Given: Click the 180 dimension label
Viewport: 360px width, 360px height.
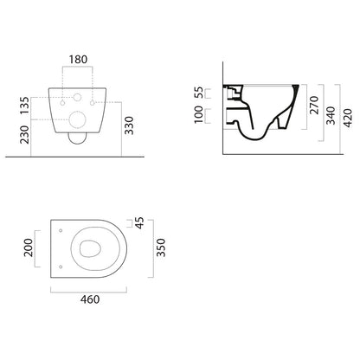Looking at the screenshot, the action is (x=78, y=60).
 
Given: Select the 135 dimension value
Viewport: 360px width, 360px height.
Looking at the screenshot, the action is (x=25, y=106).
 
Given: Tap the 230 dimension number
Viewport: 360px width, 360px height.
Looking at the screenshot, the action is (x=25, y=134).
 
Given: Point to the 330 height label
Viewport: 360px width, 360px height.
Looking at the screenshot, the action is (x=129, y=125).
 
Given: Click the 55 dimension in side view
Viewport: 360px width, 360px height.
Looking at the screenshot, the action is (x=198, y=93).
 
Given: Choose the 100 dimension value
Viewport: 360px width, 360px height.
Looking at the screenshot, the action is (x=198, y=114).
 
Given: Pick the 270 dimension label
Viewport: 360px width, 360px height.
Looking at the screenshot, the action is (x=315, y=105).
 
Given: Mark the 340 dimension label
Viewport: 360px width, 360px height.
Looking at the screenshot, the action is (x=331, y=115).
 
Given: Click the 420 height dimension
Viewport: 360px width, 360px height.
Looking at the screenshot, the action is (x=348, y=118).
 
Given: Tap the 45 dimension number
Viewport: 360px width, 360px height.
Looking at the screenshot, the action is (x=139, y=223).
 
